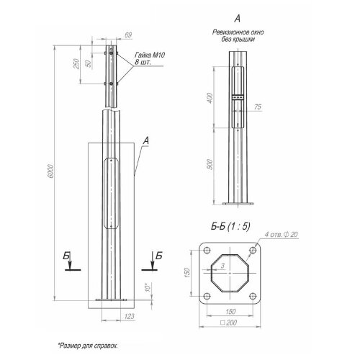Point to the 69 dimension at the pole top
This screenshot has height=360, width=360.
coord(128,34)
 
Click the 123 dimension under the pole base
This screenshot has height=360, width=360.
coord(130,315)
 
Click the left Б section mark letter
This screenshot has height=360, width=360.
coord(67,256)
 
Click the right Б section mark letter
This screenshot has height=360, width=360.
coord(158,256)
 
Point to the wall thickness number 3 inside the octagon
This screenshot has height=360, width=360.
coord(222,266)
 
